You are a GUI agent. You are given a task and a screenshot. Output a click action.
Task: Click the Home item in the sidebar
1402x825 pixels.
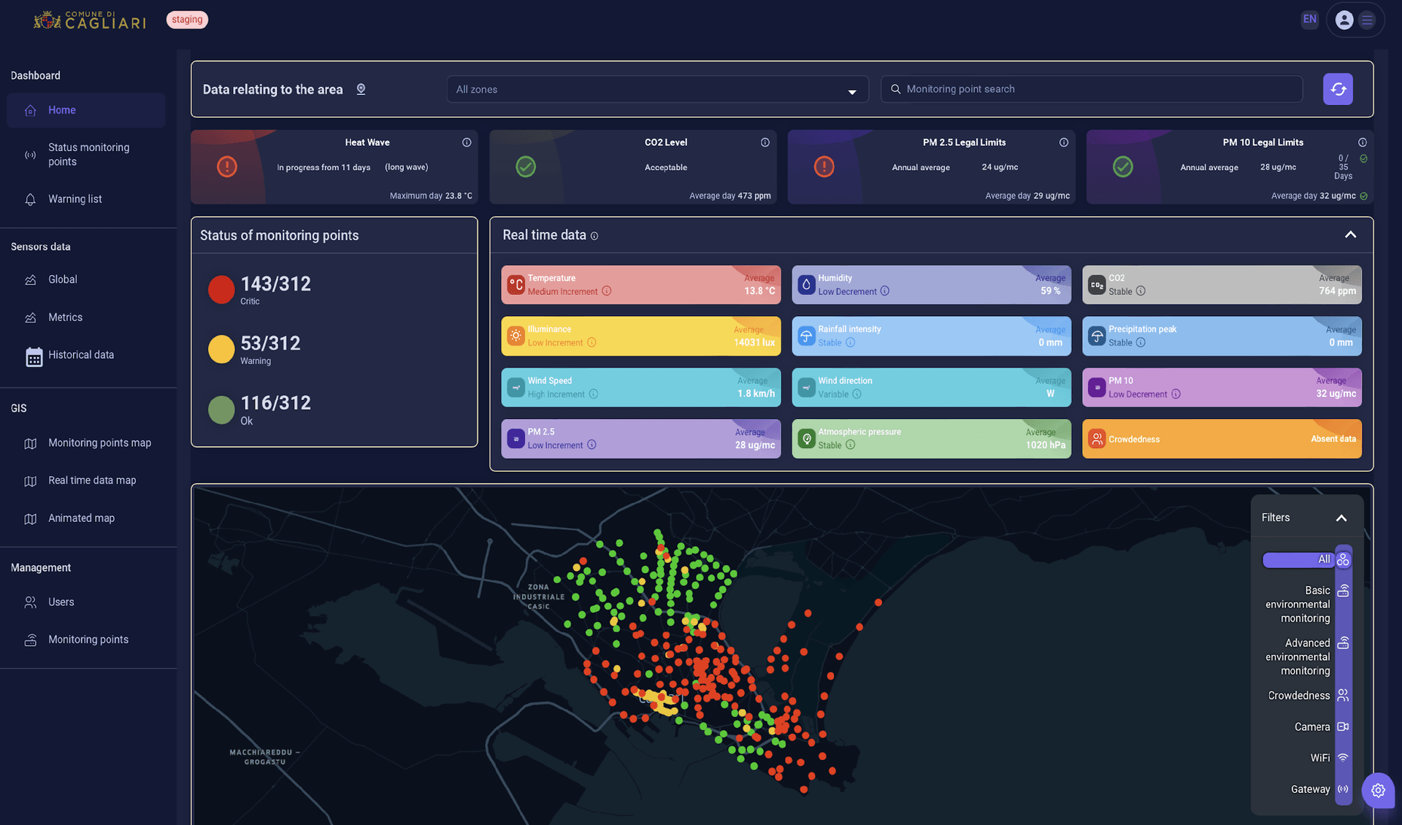click(x=62, y=110)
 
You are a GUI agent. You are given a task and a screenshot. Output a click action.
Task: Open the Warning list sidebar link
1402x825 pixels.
click(x=74, y=199)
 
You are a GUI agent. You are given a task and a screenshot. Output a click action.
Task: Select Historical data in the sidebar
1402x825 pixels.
click(x=80, y=355)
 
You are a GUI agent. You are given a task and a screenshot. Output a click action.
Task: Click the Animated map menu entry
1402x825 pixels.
click(x=81, y=518)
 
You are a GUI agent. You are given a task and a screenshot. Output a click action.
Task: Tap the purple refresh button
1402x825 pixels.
click(x=1338, y=89)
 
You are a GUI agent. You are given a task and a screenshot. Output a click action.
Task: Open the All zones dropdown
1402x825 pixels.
click(x=657, y=89)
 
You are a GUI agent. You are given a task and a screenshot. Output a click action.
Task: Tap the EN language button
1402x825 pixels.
click(x=1310, y=20)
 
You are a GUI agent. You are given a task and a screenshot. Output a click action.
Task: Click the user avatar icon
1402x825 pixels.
click(x=1344, y=20)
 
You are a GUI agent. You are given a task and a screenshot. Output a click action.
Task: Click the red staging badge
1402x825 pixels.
click(x=187, y=20)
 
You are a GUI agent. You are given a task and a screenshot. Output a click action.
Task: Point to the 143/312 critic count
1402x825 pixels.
click(x=275, y=284)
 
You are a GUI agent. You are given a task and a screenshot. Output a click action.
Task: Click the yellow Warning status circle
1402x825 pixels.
click(x=221, y=349)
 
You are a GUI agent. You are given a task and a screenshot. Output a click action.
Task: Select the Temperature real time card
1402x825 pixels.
click(x=640, y=285)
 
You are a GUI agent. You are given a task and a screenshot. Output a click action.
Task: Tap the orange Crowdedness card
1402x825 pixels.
click(x=1222, y=439)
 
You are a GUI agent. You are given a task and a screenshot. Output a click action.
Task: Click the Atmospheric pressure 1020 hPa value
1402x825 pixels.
click(x=1045, y=445)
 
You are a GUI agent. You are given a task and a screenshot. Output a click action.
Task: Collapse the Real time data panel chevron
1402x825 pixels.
click(x=1350, y=235)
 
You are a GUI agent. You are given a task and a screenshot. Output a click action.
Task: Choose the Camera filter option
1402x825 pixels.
click(x=1312, y=727)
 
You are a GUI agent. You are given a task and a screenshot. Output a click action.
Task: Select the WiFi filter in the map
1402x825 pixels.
click(x=1320, y=758)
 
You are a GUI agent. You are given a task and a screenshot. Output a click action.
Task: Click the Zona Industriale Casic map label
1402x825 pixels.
click(x=539, y=596)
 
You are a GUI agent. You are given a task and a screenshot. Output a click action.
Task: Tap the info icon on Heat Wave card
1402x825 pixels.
click(x=467, y=142)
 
